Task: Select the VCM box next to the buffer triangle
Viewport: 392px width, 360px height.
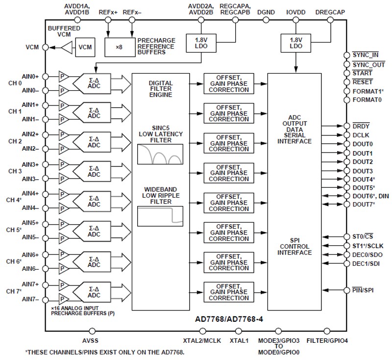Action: point(84,47)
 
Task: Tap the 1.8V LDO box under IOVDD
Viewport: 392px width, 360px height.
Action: point(295,43)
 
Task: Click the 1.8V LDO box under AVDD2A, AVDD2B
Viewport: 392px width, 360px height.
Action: point(200,43)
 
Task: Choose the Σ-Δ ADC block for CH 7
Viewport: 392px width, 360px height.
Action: point(94,292)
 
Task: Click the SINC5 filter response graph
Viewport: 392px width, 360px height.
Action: point(160,154)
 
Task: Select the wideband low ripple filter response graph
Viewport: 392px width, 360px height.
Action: point(160,216)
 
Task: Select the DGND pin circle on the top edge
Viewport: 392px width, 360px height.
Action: point(266,20)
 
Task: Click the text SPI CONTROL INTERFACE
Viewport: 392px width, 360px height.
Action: point(294,246)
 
